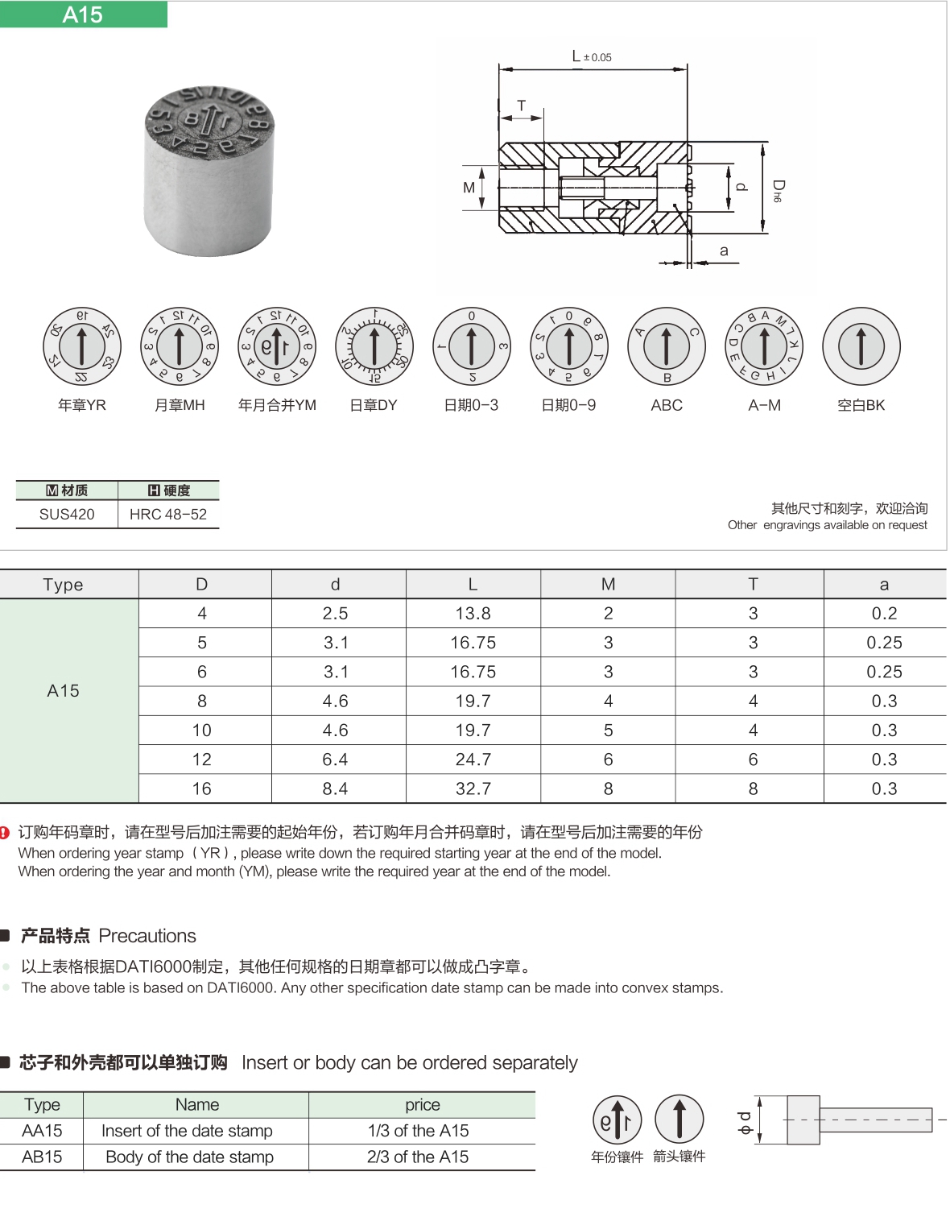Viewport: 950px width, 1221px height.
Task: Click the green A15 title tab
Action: (83, 14)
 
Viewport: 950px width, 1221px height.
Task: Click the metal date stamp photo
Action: (209, 170)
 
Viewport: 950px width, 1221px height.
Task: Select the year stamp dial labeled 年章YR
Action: (81, 346)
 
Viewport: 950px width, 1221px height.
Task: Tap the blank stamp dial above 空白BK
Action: (861, 346)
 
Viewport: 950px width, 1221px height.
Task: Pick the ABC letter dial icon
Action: (666, 346)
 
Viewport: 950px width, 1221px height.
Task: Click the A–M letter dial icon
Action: (764, 346)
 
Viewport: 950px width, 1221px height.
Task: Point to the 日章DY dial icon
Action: (374, 346)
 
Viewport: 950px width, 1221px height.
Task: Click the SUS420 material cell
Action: (67, 514)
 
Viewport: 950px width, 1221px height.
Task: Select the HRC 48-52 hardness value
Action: (168, 514)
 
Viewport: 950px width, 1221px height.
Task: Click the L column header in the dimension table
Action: (473, 584)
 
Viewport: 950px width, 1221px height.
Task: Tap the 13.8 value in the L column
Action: (473, 614)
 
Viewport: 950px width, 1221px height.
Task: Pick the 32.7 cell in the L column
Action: (473, 788)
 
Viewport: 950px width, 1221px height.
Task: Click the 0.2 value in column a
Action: (884, 614)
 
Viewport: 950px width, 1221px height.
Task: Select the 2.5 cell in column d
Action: (335, 614)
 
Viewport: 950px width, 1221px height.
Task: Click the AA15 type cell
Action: (42, 1131)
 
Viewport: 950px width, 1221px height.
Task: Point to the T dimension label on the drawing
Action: (522, 106)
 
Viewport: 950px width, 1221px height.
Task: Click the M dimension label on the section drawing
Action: (469, 188)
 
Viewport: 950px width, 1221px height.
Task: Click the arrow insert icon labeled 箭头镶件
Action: (679, 1119)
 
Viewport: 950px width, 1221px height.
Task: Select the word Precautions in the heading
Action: (147, 936)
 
